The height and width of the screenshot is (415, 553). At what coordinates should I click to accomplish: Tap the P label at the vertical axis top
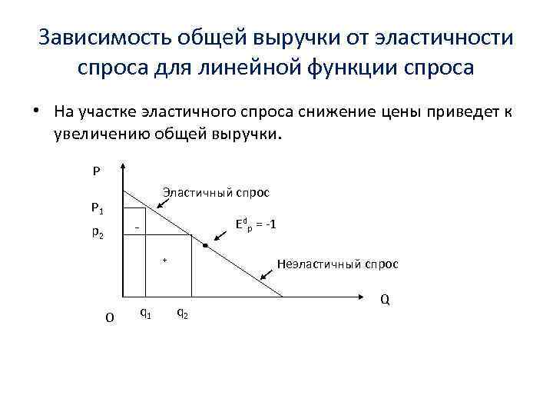[x=96, y=171]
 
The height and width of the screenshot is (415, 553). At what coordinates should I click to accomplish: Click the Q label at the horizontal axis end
[x=385, y=299]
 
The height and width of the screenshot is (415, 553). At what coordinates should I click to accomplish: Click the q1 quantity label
[x=144, y=312]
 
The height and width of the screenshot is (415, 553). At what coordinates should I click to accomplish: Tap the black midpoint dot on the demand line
[x=206, y=246]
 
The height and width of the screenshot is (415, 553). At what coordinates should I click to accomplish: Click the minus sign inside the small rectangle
[x=136, y=229]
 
